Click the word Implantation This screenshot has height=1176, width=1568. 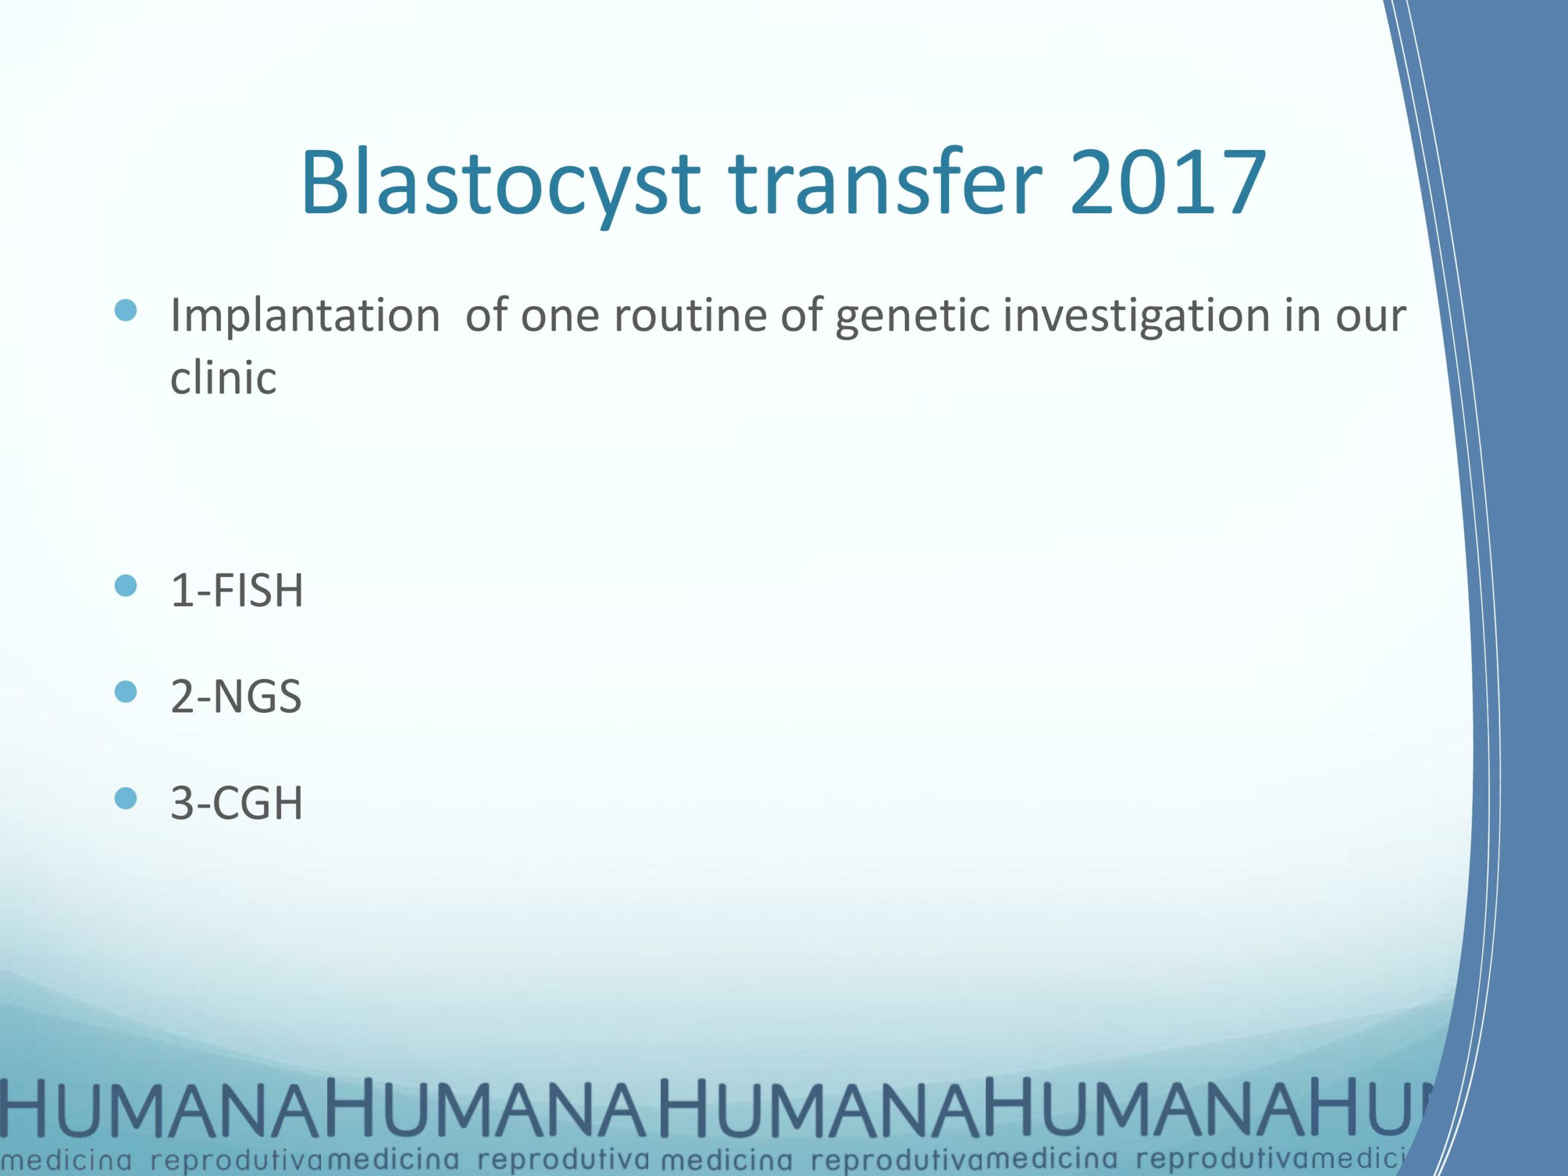pos(305,316)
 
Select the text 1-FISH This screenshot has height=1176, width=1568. pos(236,590)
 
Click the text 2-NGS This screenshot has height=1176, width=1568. pos(236,697)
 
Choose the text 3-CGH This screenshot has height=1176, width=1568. pos(236,803)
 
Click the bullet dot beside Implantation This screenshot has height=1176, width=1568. pos(126,311)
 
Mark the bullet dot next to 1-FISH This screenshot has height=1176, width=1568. pos(126,586)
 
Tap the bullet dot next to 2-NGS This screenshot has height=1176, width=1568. pos(126,692)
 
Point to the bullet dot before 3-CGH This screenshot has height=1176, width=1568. pos(126,799)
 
